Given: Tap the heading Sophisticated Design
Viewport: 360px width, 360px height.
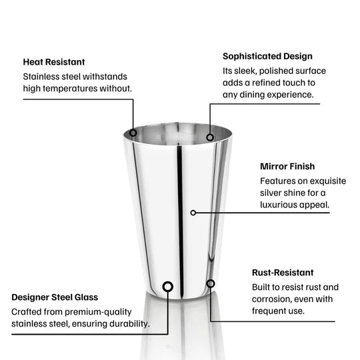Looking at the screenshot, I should (267, 56).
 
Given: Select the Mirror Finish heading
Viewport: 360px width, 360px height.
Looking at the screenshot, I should (287, 166).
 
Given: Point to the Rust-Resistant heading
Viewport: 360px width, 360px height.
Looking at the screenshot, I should (283, 273).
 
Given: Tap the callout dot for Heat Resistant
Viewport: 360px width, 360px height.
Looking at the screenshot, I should (133, 133).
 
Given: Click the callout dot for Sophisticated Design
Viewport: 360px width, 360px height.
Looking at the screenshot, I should (210, 137).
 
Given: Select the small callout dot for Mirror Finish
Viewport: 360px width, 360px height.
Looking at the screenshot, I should (193, 213).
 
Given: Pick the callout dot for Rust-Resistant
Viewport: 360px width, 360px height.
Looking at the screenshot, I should (211, 283).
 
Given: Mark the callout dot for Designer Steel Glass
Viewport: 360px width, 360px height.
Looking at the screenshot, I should (167, 287).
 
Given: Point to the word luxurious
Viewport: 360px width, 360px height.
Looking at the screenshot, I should (283, 205).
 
